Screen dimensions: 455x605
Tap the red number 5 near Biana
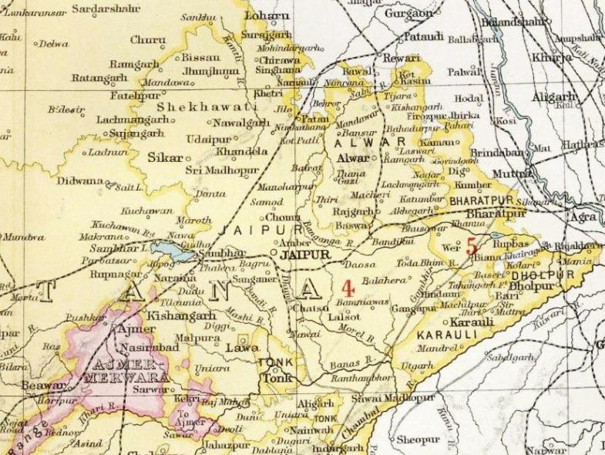pyautogui.click(x=472, y=248)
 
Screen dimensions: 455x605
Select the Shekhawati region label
pyautogui.click(x=205, y=107)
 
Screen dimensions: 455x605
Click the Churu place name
pyautogui.click(x=147, y=39)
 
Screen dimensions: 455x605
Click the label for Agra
pyautogui.click(x=583, y=217)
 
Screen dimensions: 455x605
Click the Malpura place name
pyautogui.click(x=192, y=337)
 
